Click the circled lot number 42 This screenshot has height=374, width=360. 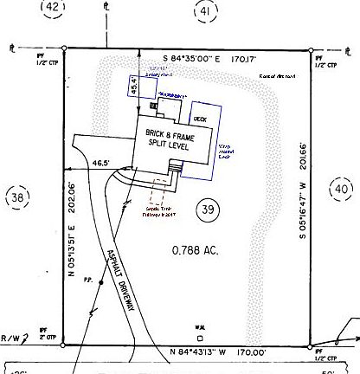pos(54,8)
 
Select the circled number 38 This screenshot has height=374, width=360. pos(17,198)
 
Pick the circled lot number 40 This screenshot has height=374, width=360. pos(340,189)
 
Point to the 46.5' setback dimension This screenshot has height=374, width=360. pos(102,162)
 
